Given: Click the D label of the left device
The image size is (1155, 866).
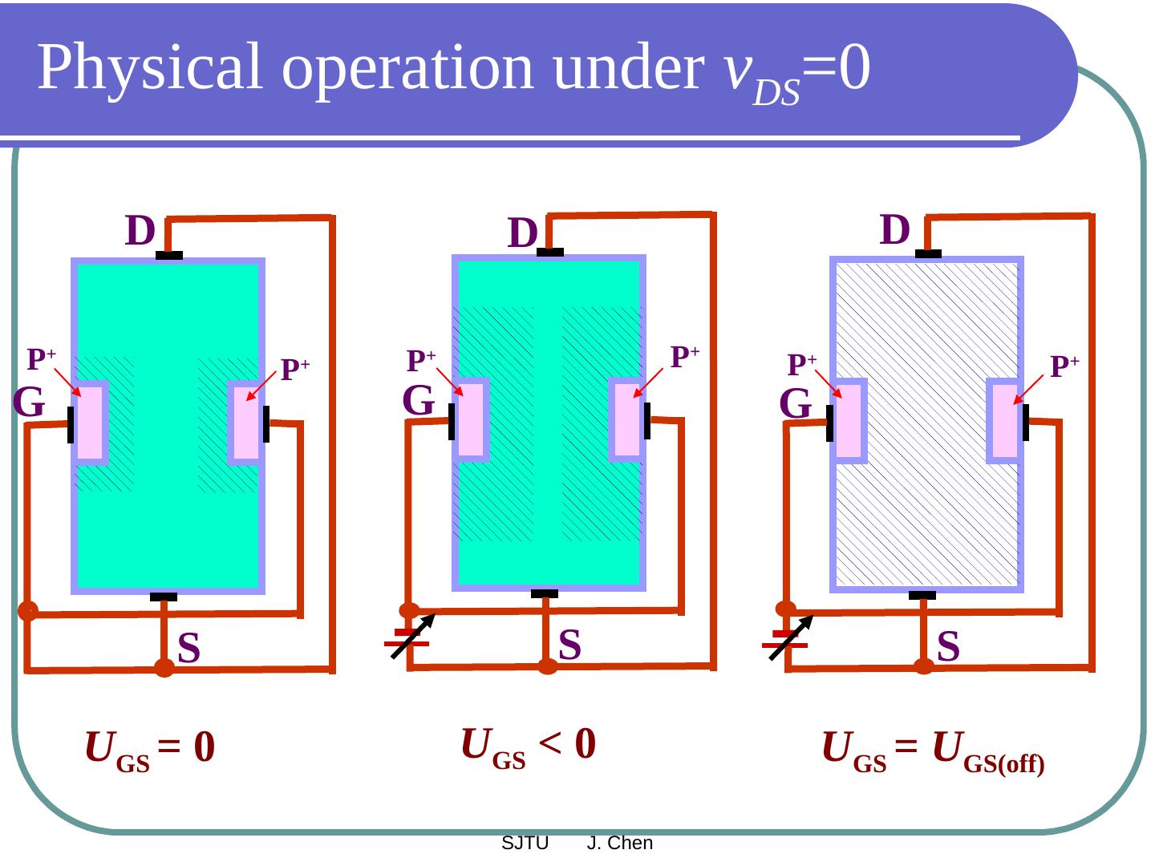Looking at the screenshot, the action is [x=140, y=231].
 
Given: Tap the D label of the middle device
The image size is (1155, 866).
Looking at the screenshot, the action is [x=523, y=234].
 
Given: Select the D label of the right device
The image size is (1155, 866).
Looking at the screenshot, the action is [x=895, y=230].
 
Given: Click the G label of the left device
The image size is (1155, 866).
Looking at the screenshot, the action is [x=29, y=403].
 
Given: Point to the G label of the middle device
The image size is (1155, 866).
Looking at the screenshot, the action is [x=419, y=400].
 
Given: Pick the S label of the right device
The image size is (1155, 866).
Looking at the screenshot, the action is [x=948, y=646].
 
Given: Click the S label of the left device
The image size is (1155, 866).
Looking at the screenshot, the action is [x=189, y=648].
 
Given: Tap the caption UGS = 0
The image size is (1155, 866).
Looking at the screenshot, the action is [x=149, y=749].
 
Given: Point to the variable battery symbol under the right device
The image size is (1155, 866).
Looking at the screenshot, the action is [x=788, y=640].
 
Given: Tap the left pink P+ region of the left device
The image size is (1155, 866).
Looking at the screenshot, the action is [x=91, y=423].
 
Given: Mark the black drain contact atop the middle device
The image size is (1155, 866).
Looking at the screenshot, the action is [x=550, y=253].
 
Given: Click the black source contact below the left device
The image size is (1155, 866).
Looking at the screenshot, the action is [x=164, y=597].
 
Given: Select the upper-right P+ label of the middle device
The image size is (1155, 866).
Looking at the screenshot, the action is [x=685, y=356].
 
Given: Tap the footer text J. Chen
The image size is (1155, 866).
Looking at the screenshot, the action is [x=620, y=844].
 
